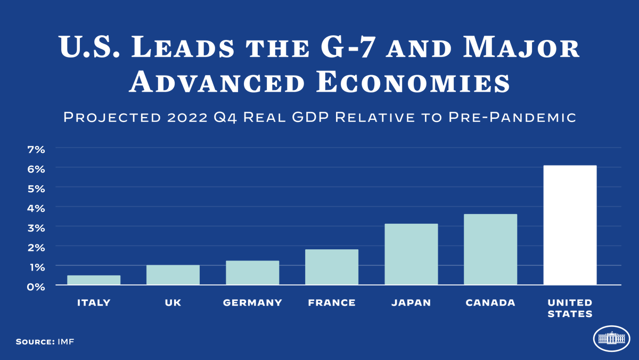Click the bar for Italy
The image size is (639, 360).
[x=94, y=280]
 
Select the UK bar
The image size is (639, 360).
[x=173, y=275]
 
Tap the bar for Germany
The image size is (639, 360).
[x=252, y=273]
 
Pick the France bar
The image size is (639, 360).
[x=332, y=267]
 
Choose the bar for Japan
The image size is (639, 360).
[x=411, y=254]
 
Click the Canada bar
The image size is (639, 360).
[x=490, y=249]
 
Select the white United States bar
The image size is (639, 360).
[x=570, y=225]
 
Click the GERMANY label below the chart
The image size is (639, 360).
[x=252, y=303]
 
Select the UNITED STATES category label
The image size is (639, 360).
[x=570, y=308]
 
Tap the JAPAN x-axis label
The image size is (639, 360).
[x=411, y=303]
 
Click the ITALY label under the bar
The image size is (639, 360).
[x=94, y=303]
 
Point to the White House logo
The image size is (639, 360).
[x=611, y=339]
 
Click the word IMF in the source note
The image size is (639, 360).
[x=65, y=341]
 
